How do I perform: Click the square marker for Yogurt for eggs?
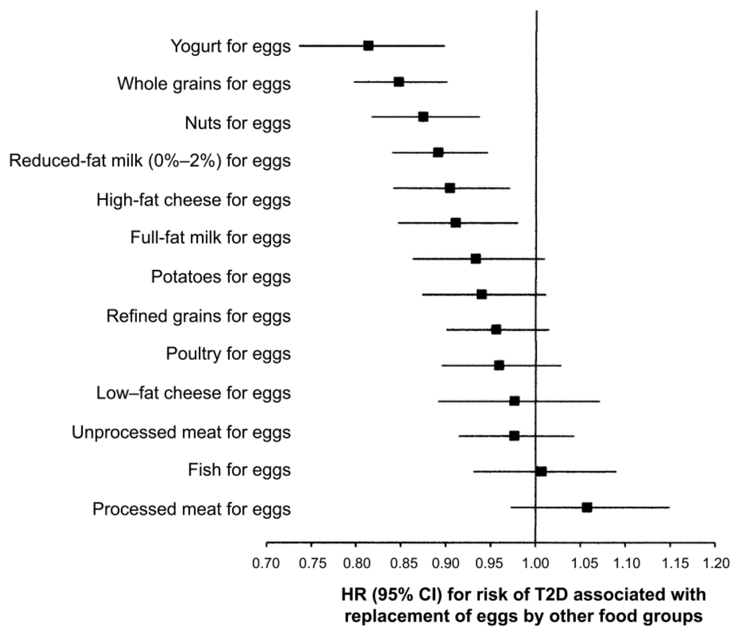[368, 46]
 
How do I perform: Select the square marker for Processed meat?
[587, 507]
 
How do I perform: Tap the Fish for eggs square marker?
[541, 471]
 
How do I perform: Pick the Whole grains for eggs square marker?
[399, 82]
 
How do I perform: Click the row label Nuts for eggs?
[237, 123]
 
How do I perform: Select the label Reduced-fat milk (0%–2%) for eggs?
[150, 161]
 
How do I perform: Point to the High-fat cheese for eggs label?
[193, 200]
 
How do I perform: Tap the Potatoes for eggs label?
[221, 277]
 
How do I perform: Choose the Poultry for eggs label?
[228, 354]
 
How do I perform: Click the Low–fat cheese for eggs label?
[193, 393]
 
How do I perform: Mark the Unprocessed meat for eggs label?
[181, 432]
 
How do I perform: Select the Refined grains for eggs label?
[199, 316]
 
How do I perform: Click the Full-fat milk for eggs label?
[210, 238]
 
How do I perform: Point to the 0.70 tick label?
[266, 563]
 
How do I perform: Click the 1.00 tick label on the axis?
[535, 563]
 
